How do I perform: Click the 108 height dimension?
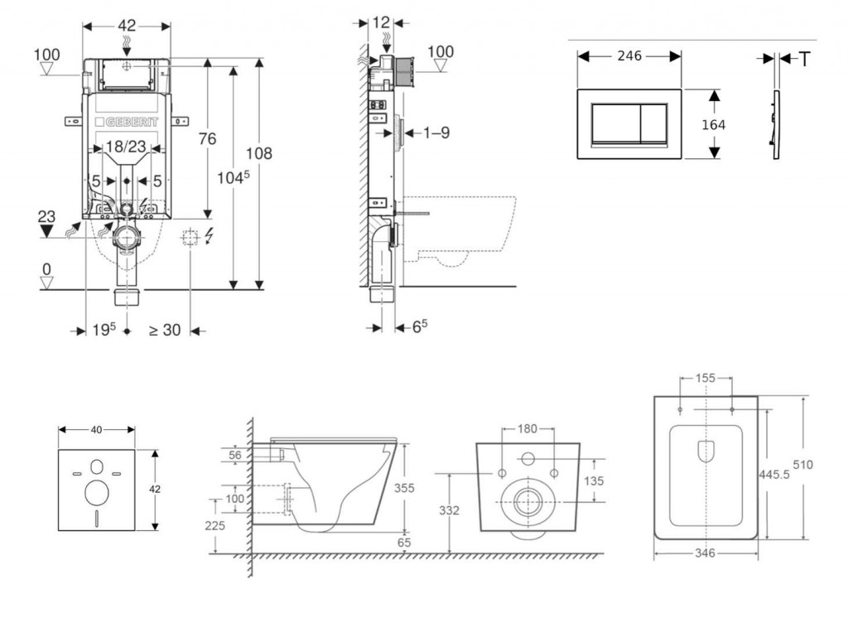[x=258, y=152]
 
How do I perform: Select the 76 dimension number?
[x=206, y=139]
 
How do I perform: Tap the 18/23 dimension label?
[x=127, y=147]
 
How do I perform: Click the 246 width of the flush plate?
[x=629, y=56]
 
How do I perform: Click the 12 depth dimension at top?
[x=381, y=22]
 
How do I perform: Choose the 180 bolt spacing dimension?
[x=528, y=428]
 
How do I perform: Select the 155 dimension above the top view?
[x=706, y=378]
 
